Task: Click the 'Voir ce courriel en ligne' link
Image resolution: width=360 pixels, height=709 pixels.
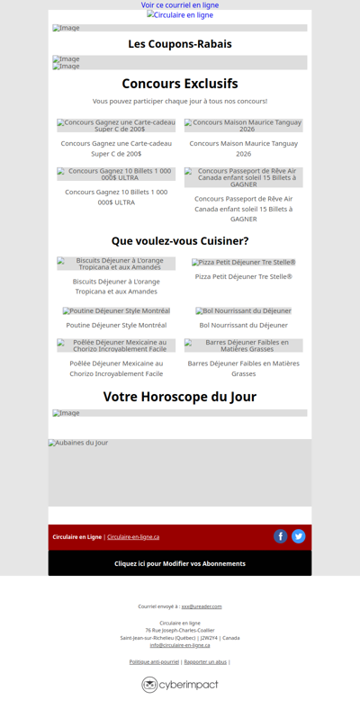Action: point(180,5)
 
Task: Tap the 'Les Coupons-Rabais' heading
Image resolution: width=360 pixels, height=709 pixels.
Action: point(180,44)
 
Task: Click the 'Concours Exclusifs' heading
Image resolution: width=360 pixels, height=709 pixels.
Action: point(180,84)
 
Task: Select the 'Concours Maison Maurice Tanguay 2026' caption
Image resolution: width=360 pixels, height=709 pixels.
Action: point(243,148)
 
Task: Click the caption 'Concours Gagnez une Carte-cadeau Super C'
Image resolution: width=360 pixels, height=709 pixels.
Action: point(116,148)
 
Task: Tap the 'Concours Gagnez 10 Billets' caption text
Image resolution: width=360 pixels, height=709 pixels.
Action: point(116,196)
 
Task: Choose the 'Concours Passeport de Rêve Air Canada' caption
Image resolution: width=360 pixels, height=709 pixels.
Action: point(243,209)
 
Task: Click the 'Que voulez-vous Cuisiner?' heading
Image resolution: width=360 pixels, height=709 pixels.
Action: point(180,241)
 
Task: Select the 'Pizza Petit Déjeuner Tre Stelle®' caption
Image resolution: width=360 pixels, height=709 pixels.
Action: point(243,276)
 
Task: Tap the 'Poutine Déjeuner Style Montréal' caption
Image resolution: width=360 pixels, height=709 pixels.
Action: point(116,325)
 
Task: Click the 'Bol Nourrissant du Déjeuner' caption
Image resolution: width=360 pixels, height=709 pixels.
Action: point(243,325)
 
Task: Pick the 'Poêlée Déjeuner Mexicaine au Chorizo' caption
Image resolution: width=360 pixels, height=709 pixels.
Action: point(116,368)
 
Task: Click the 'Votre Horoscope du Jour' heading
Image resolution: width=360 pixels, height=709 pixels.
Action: point(180,397)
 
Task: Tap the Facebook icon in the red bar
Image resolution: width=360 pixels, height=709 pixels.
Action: point(281,536)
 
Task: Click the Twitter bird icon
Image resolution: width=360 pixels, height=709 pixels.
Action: point(299,536)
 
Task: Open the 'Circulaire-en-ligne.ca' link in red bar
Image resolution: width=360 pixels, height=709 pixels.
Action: point(133,537)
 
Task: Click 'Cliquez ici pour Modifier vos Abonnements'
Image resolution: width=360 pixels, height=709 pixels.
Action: point(180,563)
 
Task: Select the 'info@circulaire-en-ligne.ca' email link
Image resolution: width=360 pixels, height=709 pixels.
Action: point(180,645)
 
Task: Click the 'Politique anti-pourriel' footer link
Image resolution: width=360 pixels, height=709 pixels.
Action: point(154,661)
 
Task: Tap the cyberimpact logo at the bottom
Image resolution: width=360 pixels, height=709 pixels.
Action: point(180,685)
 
